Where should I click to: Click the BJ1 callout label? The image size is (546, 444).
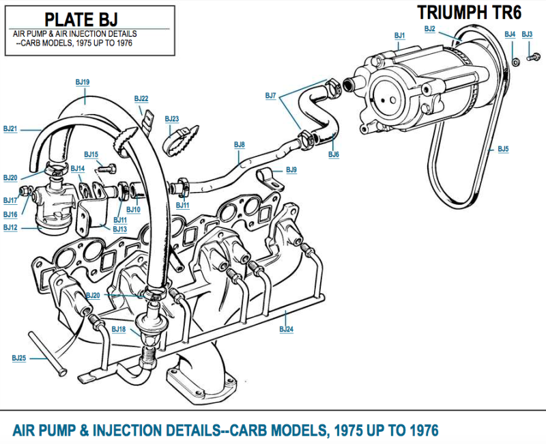(x=401, y=35)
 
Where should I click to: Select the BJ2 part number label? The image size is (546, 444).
(x=430, y=28)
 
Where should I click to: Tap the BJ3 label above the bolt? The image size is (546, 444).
(x=527, y=34)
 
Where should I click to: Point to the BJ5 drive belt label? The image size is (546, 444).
(x=503, y=148)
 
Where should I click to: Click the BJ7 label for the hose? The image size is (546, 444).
(x=271, y=96)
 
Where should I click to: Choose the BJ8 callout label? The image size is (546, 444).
(x=239, y=144)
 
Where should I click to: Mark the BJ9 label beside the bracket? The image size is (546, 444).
(x=291, y=169)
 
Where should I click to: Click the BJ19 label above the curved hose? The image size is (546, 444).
(x=83, y=82)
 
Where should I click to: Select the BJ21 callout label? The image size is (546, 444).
(x=10, y=128)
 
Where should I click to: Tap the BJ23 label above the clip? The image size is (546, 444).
(x=171, y=118)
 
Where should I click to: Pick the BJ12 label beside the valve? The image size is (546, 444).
(x=10, y=227)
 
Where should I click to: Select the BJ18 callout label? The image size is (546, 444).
(x=119, y=329)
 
